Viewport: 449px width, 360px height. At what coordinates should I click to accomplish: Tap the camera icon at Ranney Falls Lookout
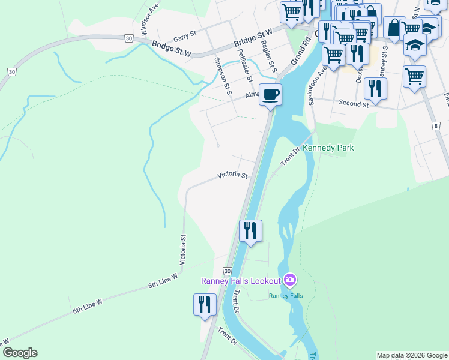coord(290,280)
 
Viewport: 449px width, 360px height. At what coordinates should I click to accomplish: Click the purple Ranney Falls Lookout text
coord(241,281)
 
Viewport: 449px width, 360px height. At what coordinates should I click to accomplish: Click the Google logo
coord(19,353)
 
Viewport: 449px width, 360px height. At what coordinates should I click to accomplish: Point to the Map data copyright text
coord(412,355)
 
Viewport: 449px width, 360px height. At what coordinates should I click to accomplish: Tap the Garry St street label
coord(185,37)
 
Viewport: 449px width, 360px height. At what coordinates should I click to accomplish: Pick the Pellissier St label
coord(246,67)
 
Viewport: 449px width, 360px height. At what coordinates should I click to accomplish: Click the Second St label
coord(354,104)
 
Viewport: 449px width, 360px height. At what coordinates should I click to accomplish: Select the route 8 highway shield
coord(435,125)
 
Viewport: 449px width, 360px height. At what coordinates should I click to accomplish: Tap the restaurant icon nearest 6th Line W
coord(205,304)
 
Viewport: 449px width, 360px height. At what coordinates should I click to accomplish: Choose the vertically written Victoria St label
coord(182,250)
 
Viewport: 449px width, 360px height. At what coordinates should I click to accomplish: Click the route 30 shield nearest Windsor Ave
coord(129,38)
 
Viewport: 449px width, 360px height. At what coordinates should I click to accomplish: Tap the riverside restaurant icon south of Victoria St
coord(250,230)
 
